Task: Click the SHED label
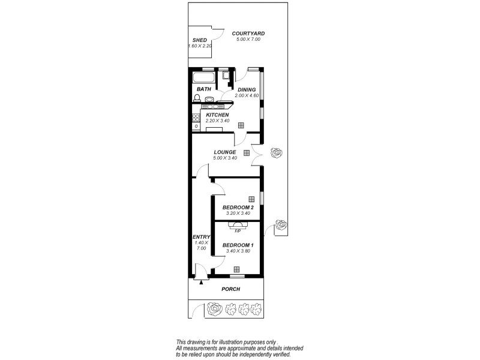pos(199,40)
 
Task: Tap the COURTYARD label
pos(248,34)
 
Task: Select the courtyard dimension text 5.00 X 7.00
pos(248,40)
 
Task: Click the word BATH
pos(204,89)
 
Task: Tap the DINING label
pos(247,90)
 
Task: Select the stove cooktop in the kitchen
pos(196,122)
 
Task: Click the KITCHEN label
pos(217,115)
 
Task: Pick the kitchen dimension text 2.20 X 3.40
pos(217,121)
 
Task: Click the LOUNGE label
pos(225,152)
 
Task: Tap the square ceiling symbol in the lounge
pos(246,153)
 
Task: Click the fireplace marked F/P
pos(238,226)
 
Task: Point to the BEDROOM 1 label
pos(238,245)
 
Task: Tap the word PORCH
pos(230,289)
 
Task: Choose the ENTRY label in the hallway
pos(200,236)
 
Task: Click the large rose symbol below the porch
pos(215,310)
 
